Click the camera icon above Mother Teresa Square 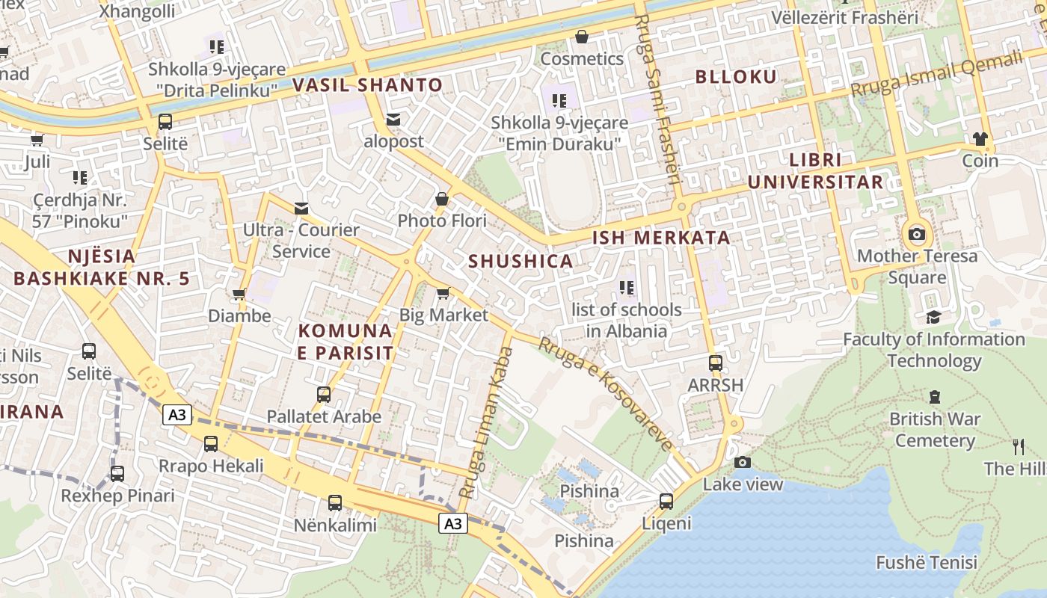pyautogui.click(x=916, y=234)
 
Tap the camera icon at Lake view pyautogui.click(x=742, y=462)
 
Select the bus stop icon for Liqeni pyautogui.click(x=666, y=501)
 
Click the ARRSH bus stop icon pyautogui.click(x=716, y=363)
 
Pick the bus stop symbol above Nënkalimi pyautogui.click(x=334, y=502)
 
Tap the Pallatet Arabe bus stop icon pyautogui.click(x=323, y=394)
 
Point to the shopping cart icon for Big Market pyautogui.click(x=443, y=293)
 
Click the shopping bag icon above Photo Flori pyautogui.click(x=442, y=199)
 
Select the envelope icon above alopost pyautogui.click(x=393, y=120)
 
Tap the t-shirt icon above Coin pyautogui.click(x=980, y=138)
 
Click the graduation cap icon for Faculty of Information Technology pyautogui.click(x=933, y=317)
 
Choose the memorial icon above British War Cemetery pyautogui.click(x=934, y=396)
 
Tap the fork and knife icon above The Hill pyautogui.click(x=1018, y=447)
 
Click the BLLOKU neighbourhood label pyautogui.click(x=736, y=76)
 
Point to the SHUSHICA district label pyautogui.click(x=521, y=261)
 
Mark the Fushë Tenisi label pyautogui.click(x=926, y=562)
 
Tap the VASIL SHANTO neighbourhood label pyautogui.click(x=367, y=85)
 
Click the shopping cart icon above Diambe pyautogui.click(x=239, y=294)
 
